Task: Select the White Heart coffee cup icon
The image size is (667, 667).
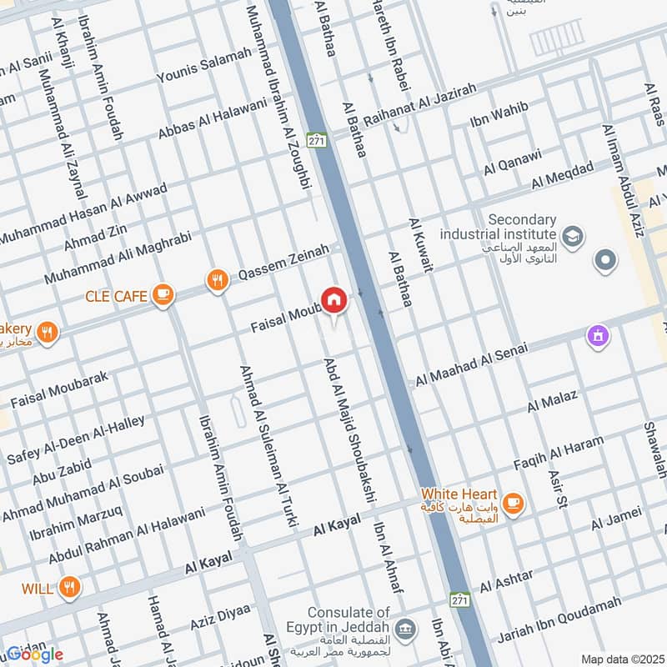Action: coord(513,502)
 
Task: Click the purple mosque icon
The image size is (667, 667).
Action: coord(598,337)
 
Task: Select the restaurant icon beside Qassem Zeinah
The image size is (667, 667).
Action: coord(218,281)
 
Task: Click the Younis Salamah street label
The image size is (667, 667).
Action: coord(204,66)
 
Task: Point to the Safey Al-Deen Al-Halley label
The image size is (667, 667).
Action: coord(76,440)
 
